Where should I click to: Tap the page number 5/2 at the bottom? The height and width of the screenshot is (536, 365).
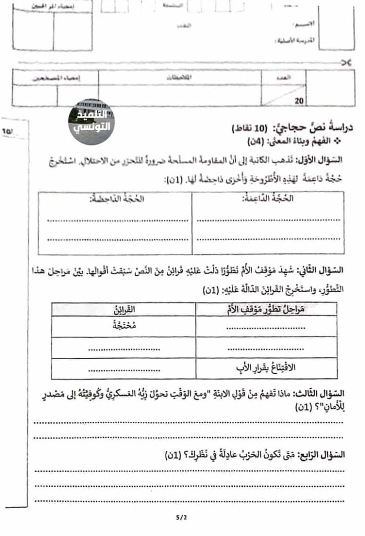181,518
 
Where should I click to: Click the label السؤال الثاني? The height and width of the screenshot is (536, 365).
325,271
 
